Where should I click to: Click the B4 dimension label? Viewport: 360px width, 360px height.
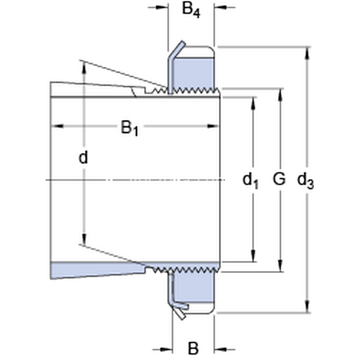(191, 11)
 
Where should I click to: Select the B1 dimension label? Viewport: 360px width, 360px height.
(130, 128)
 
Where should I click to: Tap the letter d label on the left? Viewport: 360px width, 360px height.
(83, 158)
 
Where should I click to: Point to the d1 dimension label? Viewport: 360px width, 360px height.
(251, 179)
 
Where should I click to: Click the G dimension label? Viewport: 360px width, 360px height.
(278, 179)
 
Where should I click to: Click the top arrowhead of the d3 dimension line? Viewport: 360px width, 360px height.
(308, 52)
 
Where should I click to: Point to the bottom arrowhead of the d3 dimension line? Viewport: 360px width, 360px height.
(308, 307)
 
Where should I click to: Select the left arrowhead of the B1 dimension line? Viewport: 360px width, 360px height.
(56, 126)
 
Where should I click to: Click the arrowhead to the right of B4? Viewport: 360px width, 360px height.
(220, 8)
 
